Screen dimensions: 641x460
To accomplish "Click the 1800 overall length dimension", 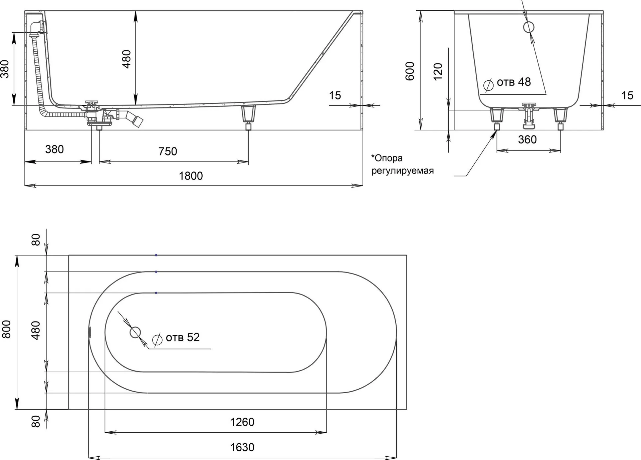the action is coord(191,176).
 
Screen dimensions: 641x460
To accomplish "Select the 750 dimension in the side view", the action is coord(168,151).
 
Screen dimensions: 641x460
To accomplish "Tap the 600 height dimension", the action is coord(410,71).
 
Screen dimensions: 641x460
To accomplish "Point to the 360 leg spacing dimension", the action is coord(527,139).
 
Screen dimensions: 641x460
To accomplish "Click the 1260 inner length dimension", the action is coord(242,422).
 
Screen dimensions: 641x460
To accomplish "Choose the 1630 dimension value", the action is coord(242,447).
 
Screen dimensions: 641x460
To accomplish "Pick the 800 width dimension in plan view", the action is coord(6,329).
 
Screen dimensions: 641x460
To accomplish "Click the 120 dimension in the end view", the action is coord(438,71).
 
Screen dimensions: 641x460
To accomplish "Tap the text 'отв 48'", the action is coord(514,82).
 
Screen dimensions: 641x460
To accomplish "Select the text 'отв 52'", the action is coord(183,337).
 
